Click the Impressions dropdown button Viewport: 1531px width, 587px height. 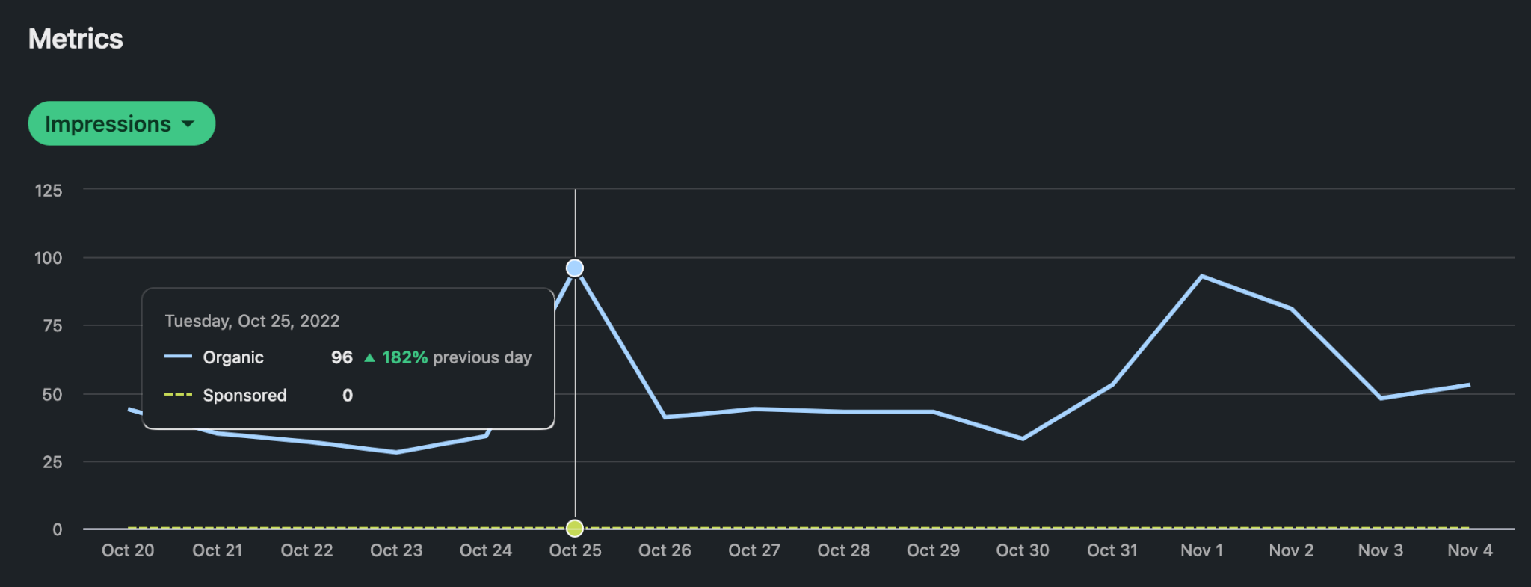coord(121,123)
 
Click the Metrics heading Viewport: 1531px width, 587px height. coord(76,39)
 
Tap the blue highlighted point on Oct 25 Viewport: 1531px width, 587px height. coord(575,268)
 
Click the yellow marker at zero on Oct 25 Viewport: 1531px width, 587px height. coord(575,529)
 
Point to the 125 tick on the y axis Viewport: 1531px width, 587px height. coord(49,191)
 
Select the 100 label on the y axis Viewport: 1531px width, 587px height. coord(49,259)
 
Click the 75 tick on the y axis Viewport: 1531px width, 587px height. coord(52,326)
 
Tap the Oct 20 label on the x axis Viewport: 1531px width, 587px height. coord(128,551)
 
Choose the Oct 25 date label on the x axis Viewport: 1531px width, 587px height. coord(575,551)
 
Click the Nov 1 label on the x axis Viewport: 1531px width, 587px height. coord(1201,551)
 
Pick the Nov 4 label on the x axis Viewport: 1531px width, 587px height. coord(1470,551)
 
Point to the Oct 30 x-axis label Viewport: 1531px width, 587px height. coord(1023,551)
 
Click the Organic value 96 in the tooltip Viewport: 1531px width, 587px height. coord(342,357)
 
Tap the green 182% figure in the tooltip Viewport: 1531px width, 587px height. coord(404,357)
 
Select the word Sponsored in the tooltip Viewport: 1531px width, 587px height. coord(244,396)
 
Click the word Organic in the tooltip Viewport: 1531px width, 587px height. coord(233,357)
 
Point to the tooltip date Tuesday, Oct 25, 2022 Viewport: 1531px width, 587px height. coord(252,321)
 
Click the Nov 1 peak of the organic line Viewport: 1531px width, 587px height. coord(1201,277)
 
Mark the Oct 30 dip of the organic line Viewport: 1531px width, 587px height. coord(1023,439)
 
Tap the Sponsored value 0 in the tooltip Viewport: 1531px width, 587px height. coord(348,396)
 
